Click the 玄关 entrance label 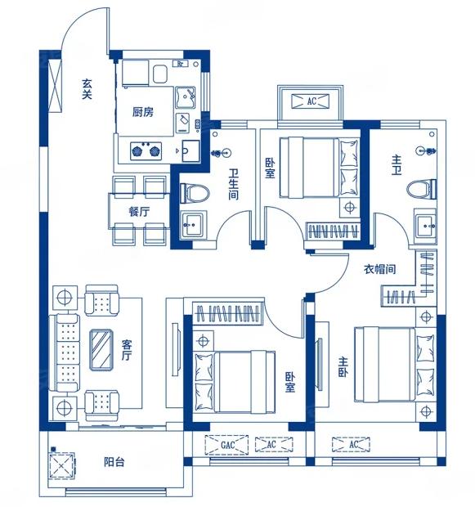tap(87, 89)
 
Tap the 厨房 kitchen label tap(142, 112)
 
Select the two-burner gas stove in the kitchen tap(146, 150)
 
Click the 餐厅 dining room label tap(139, 212)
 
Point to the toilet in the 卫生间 tap(195, 193)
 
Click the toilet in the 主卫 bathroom tap(422, 189)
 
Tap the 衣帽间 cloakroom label tap(379, 269)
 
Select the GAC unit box tap(226, 445)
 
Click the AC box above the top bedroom tap(311, 101)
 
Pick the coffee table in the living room tap(101, 349)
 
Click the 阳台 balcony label tap(114, 462)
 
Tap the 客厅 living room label tap(127, 350)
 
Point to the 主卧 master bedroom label tap(343, 367)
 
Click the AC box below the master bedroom tap(352, 444)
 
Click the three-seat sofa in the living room tap(64, 352)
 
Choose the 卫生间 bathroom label tap(233, 184)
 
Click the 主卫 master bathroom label tap(396, 165)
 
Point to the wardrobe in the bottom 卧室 tap(227, 312)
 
